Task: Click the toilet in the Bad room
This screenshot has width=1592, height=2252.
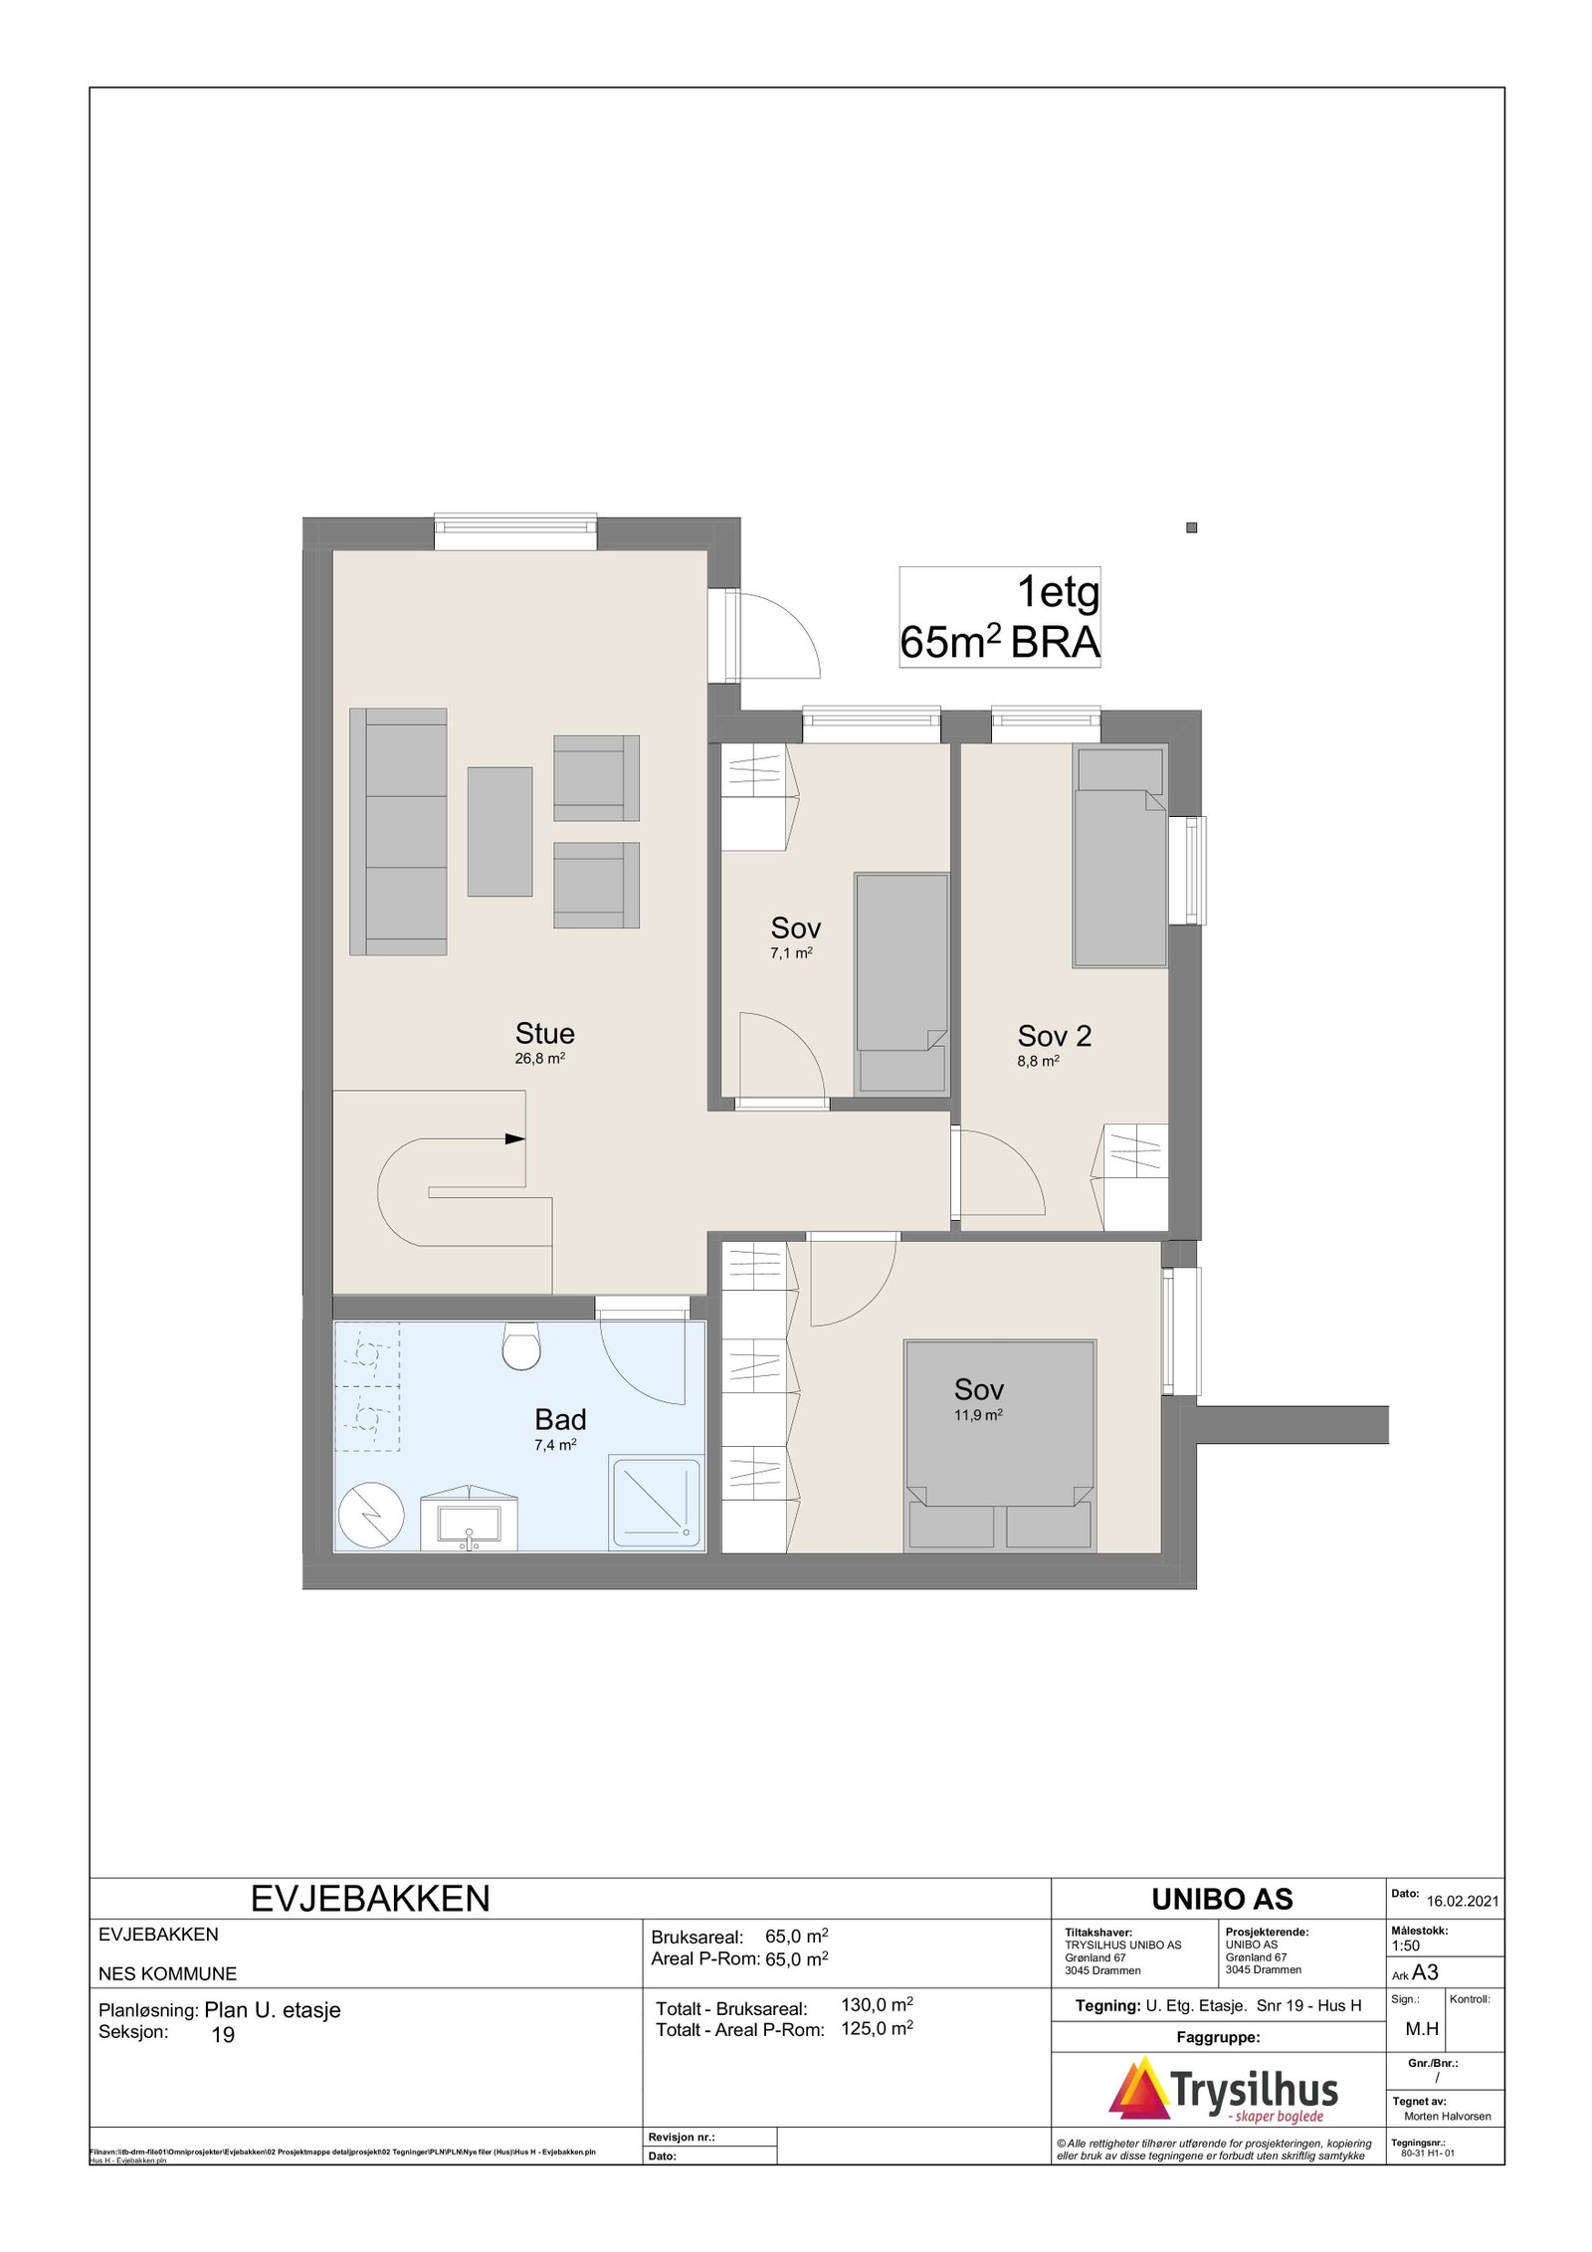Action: (520, 1346)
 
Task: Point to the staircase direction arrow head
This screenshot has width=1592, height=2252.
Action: (515, 1138)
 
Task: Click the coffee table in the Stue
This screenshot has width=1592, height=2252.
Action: (499, 831)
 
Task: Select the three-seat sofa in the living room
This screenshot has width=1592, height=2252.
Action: (398, 831)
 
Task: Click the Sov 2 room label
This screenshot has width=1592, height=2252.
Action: (1054, 1036)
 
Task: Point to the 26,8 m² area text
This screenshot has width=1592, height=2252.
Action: (539, 1059)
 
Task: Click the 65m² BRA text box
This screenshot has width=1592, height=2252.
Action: (999, 617)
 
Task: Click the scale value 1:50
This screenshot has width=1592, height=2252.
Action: (1406, 1945)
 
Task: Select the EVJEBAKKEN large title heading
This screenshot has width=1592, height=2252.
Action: (370, 1899)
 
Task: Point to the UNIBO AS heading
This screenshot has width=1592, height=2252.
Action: (1221, 1899)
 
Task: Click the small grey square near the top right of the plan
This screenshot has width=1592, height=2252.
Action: (1191, 527)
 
